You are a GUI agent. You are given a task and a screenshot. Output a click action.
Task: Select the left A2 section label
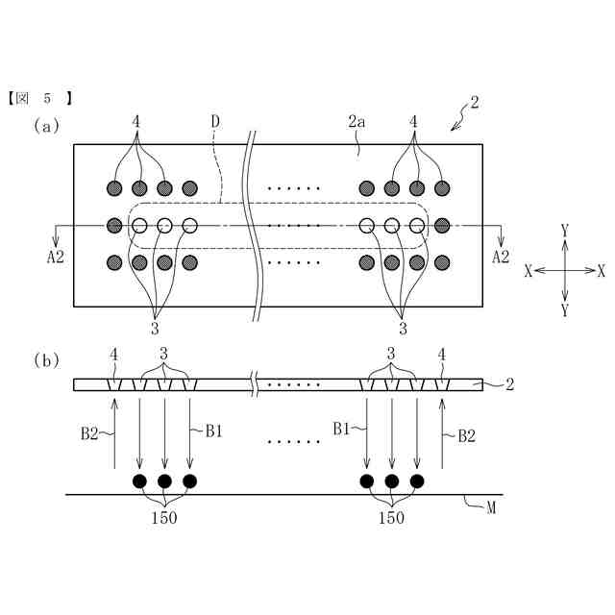[x=56, y=256]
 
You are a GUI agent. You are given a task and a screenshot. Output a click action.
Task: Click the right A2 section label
[x=501, y=256]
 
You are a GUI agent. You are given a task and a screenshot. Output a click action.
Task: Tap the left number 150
[x=164, y=517]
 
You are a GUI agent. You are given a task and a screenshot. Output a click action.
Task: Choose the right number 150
[x=391, y=517]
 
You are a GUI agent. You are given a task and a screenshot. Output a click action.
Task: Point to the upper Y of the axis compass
[x=565, y=231]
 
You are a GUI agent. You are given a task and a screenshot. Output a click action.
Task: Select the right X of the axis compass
[x=602, y=271]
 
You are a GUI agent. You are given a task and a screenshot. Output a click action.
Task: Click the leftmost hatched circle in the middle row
[x=114, y=227]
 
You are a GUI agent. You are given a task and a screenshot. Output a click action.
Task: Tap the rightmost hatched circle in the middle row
[x=442, y=227]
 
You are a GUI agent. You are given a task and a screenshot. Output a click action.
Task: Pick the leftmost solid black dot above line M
[x=139, y=480]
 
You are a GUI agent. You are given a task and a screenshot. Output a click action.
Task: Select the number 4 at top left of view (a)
[x=137, y=122]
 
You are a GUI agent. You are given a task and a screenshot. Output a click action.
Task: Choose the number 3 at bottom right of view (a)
[x=402, y=328]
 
